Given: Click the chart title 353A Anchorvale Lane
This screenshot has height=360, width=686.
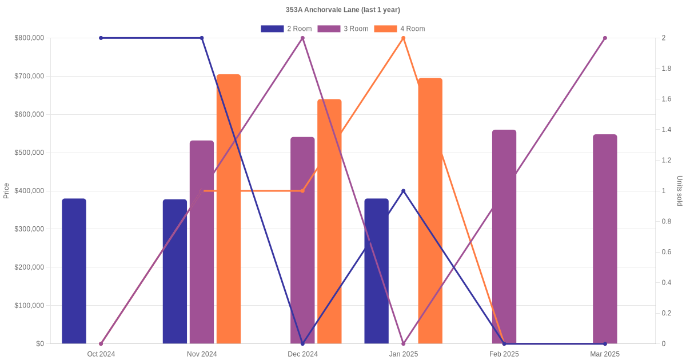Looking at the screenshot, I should click(x=343, y=10).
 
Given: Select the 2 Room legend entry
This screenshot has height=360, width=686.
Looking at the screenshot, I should click(x=286, y=29).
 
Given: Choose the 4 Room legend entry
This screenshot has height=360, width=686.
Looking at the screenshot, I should click(x=400, y=29).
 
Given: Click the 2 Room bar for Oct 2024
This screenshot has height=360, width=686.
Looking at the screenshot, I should click(x=74, y=271).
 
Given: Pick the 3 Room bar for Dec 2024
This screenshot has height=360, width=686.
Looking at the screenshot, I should click(x=302, y=241).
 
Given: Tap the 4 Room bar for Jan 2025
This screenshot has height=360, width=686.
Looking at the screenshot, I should click(x=430, y=211).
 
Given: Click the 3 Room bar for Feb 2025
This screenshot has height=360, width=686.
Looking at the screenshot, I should click(x=504, y=237).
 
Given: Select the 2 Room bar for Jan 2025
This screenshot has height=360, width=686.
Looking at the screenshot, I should click(x=376, y=271).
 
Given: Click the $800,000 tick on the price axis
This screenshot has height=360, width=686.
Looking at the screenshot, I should click(x=29, y=38).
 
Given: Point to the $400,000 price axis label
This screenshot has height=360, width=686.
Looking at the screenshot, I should click(x=29, y=191).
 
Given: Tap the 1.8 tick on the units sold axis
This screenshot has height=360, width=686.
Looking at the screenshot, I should click(x=667, y=69).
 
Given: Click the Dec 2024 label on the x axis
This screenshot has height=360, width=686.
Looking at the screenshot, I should click(x=302, y=354).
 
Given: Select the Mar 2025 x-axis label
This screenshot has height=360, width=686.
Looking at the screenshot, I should click(x=605, y=354).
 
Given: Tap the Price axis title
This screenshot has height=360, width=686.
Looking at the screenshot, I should click(x=6, y=191).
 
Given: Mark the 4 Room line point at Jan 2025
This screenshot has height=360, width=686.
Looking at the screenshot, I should click(x=404, y=38).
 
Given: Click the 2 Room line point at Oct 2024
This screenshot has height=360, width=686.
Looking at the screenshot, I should click(x=101, y=38).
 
